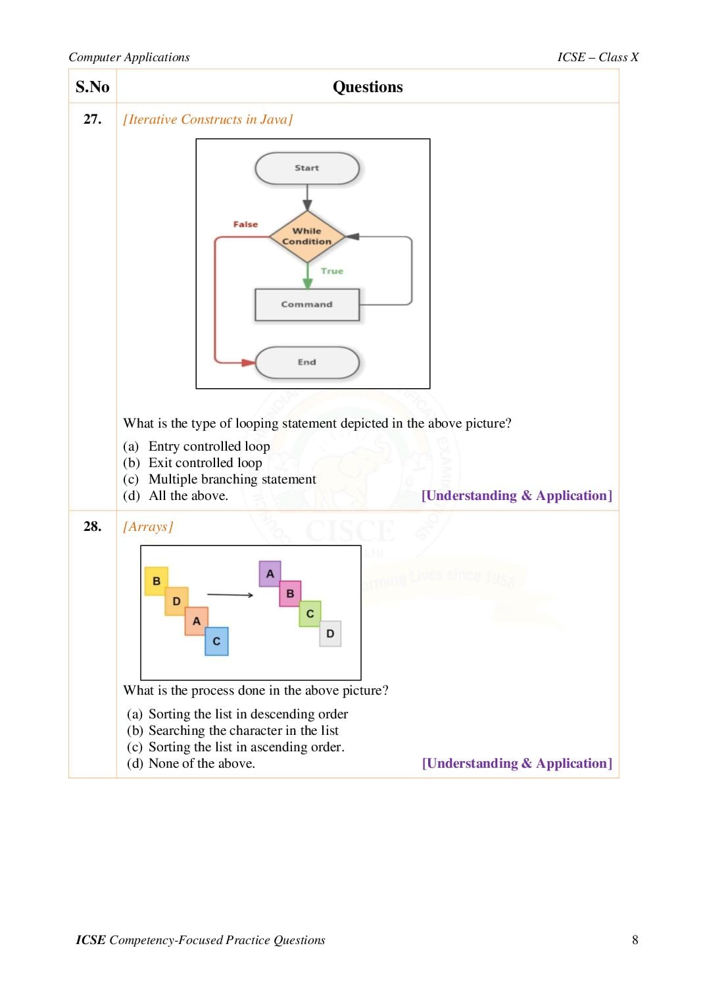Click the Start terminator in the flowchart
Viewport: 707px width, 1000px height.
pyautogui.click(x=307, y=168)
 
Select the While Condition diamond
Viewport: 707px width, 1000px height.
pyautogui.click(x=307, y=236)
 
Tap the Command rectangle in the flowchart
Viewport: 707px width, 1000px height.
pyautogui.click(x=307, y=305)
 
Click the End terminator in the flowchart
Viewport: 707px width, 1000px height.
pyautogui.click(x=307, y=362)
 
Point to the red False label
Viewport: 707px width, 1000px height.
pyautogui.click(x=245, y=224)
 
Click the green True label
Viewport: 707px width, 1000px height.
pyautogui.click(x=332, y=271)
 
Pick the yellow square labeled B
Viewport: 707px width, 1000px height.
pyautogui.click(x=157, y=581)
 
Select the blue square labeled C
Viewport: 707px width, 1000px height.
pyautogui.click(x=216, y=641)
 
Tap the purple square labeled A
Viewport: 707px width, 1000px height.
pyautogui.click(x=270, y=574)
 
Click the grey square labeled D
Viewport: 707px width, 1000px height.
pyautogui.click(x=330, y=634)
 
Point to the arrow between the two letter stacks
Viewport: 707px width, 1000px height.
pyautogui.click(x=230, y=595)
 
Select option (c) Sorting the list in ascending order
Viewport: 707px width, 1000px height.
pyautogui.click(x=235, y=747)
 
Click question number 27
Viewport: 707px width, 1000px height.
pyautogui.click(x=92, y=118)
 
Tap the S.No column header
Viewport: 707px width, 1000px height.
pyautogui.click(x=92, y=87)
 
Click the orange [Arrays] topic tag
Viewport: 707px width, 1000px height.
pyautogui.click(x=148, y=526)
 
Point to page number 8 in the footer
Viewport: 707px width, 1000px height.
pyautogui.click(x=635, y=939)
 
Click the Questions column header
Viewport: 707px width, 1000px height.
pyautogui.click(x=368, y=87)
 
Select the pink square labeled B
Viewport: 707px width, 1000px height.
pyautogui.click(x=290, y=593)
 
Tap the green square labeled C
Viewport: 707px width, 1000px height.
pyautogui.click(x=310, y=613)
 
